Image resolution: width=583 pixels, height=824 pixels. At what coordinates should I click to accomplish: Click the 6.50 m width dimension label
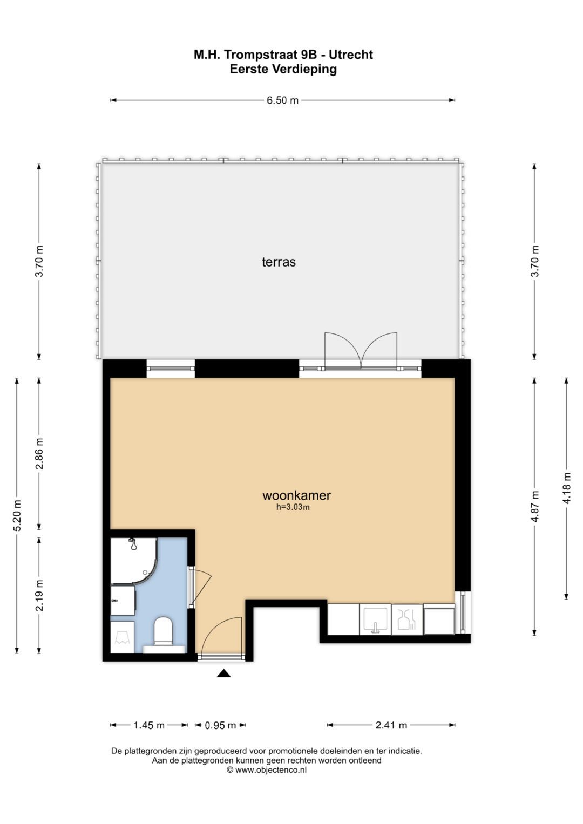point(282,100)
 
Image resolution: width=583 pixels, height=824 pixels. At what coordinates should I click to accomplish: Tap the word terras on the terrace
point(279,262)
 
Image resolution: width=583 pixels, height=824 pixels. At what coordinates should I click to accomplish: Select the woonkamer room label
point(296,495)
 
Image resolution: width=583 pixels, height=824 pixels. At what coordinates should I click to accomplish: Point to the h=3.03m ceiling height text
point(293,507)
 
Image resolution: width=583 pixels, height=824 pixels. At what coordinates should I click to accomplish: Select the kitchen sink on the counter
point(375,619)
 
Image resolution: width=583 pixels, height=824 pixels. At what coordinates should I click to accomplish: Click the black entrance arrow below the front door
point(224,673)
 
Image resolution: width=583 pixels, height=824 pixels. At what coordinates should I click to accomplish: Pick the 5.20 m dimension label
point(17,515)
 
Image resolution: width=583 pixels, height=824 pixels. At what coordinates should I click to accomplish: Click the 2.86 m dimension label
point(39,453)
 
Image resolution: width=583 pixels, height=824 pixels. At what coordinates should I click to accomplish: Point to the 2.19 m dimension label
point(39,595)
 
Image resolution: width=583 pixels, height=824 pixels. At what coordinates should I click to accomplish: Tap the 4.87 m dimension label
point(534,506)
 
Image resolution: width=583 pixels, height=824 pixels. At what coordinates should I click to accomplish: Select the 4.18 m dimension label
point(567,488)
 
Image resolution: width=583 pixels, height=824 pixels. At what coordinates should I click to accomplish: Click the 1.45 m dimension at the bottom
point(149,725)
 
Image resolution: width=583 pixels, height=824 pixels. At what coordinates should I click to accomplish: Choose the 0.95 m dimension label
point(220,725)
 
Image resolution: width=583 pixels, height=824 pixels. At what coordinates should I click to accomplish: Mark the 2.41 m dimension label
point(391,725)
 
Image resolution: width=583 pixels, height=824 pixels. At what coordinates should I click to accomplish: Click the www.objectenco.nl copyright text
point(267,770)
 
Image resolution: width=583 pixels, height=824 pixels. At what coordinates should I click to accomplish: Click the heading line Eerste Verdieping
point(283,69)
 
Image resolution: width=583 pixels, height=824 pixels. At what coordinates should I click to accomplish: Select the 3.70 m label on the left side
point(39,261)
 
